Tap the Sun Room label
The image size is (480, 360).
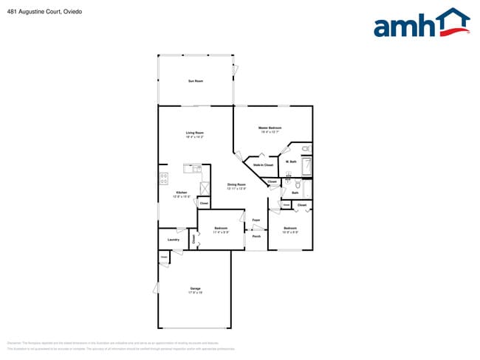coord(195,80)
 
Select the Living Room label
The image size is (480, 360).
coord(194,133)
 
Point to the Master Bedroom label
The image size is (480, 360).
coord(270,128)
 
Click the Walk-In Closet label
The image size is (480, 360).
coord(264,165)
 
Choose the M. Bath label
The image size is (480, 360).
coord(292,162)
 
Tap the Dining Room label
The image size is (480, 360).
coord(236,184)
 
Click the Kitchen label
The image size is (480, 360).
coord(181,193)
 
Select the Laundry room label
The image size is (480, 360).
coord(174,239)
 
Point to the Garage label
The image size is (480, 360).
coord(195,289)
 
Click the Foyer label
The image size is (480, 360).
coord(256,221)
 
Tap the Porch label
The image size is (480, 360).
coord(256,236)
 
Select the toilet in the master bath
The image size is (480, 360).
coord(308,150)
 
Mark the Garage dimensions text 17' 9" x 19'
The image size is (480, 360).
coord(195,294)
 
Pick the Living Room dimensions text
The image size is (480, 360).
coord(194,137)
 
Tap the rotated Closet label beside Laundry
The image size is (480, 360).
coord(194,238)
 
